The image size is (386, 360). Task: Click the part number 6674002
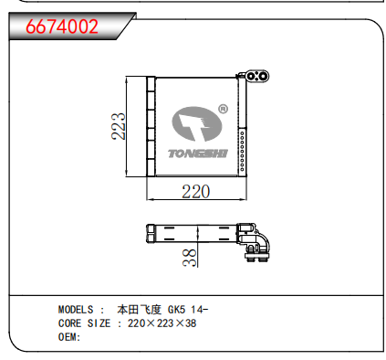pyautogui.click(x=62, y=26)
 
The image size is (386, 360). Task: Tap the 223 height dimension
pyautogui.click(x=118, y=126)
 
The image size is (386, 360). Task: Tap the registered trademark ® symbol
pyautogui.click(x=223, y=111)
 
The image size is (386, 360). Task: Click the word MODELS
pyautogui.click(x=78, y=310)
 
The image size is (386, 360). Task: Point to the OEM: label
pyautogui.click(x=70, y=337)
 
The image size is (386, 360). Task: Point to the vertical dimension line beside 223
pyautogui.click(x=129, y=126)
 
